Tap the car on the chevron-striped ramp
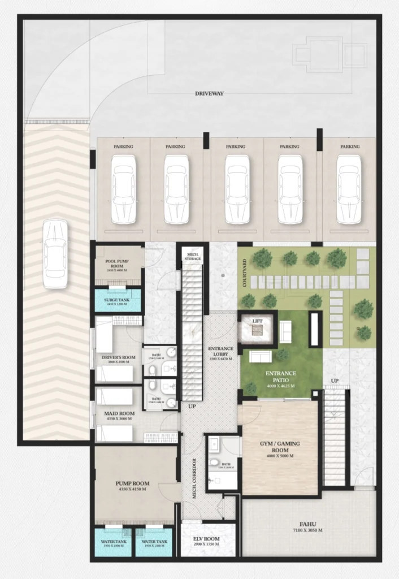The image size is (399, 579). tap(55, 253)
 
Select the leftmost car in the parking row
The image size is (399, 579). tap(123, 189)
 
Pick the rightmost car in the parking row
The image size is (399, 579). tap(349, 189)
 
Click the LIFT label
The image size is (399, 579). tap(257, 321)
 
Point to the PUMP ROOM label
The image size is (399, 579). tap(132, 483)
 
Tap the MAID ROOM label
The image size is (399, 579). tap(119, 413)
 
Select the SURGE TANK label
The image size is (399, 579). tap(118, 300)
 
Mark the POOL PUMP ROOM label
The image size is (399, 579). tap(118, 264)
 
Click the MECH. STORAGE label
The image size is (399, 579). tap(193, 257)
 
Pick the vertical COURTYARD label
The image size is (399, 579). tap(244, 273)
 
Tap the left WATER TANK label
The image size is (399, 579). tap(114, 542)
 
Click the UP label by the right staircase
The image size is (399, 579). tap(335, 381)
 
